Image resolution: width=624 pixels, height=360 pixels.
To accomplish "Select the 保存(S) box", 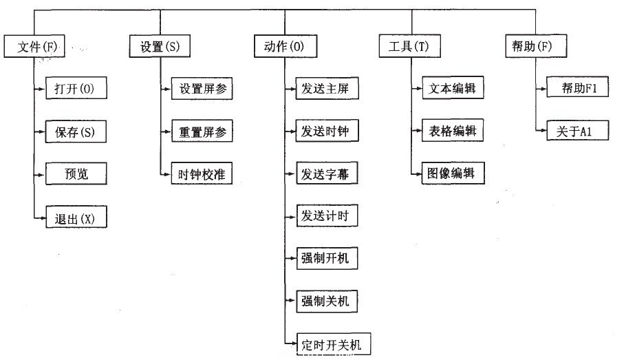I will pos(76,131).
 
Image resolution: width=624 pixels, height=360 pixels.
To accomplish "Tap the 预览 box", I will pos(76,174).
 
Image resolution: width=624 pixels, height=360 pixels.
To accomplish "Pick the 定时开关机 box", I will pos(329,343).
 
